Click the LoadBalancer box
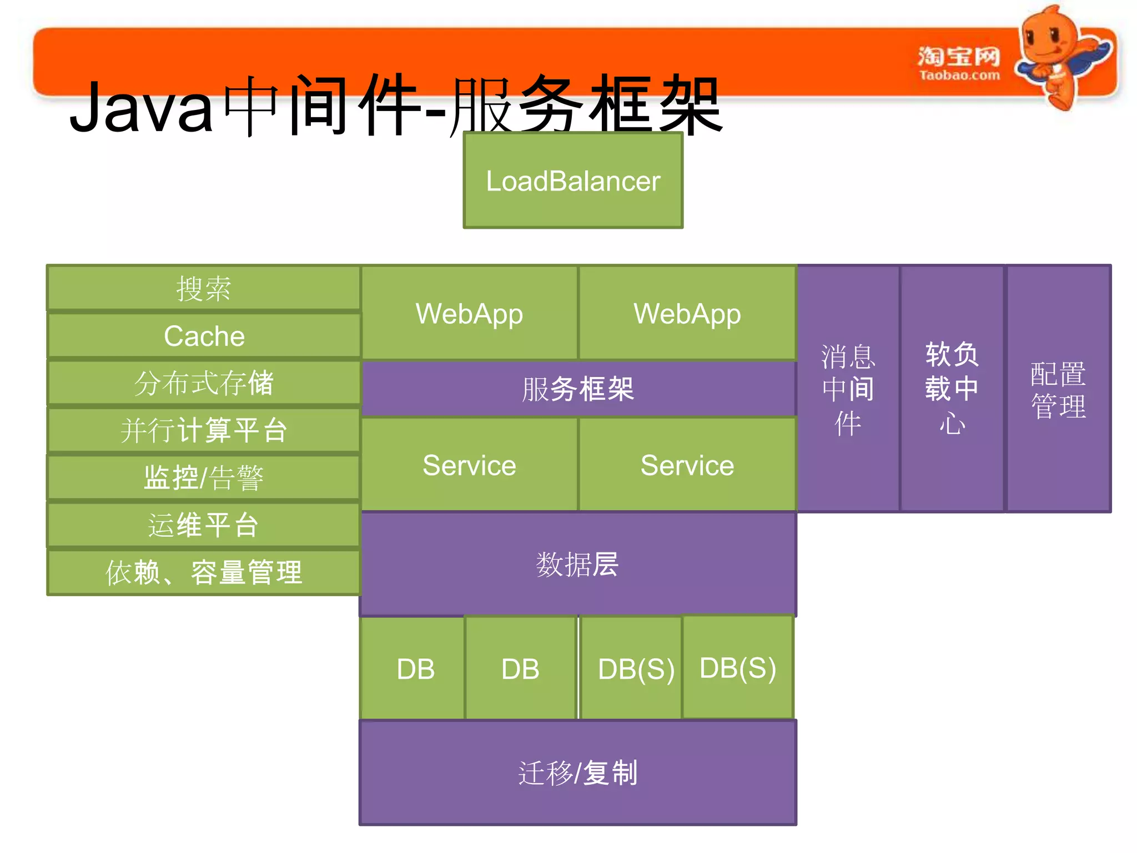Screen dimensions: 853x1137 [x=573, y=180]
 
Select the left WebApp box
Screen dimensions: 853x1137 [x=469, y=313]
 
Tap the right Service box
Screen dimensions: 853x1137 [x=687, y=465]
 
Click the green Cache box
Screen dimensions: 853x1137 [x=204, y=336]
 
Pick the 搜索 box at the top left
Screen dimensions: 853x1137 [x=204, y=288]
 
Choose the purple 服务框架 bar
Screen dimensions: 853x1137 [x=577, y=389]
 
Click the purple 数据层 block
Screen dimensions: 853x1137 [x=577, y=564]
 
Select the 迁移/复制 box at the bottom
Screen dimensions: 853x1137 [x=577, y=772]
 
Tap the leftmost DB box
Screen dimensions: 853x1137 [x=415, y=669]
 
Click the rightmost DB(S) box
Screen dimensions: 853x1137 [x=738, y=668]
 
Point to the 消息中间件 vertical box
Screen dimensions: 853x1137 [x=848, y=389]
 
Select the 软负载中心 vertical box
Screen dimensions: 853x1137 [x=952, y=389]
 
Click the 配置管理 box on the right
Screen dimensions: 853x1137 [x=1058, y=389]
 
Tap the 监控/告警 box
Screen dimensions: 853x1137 [x=204, y=478]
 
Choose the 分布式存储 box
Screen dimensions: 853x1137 [x=204, y=383]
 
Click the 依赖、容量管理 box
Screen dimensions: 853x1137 [x=204, y=572]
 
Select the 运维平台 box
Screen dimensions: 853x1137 [x=204, y=525]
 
